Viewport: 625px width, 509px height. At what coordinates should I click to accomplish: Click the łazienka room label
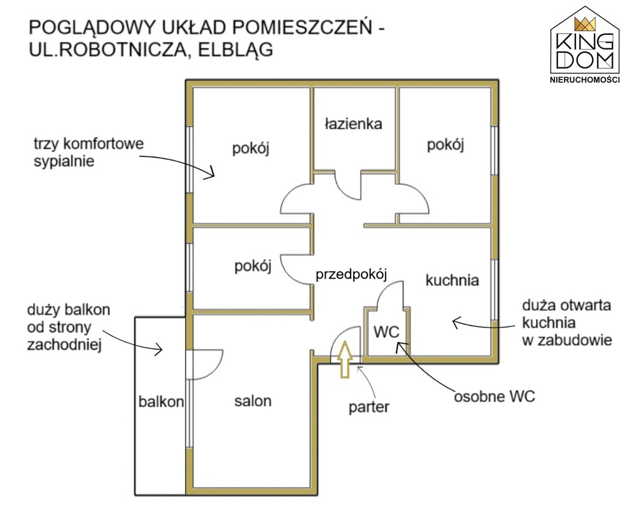[x=353, y=123]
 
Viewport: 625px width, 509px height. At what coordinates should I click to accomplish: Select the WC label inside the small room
[x=386, y=332]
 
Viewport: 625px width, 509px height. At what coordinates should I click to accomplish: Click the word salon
[x=253, y=401]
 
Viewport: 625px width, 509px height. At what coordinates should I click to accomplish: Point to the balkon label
[x=162, y=401]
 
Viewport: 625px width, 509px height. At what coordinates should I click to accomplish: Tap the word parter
[x=369, y=407]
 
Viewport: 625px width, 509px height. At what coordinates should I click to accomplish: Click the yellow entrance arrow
[x=344, y=359]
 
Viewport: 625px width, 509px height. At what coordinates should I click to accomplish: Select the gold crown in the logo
[x=584, y=24]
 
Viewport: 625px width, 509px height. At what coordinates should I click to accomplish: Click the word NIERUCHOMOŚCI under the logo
[x=584, y=80]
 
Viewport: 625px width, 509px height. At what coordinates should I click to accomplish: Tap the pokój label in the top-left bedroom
[x=251, y=149]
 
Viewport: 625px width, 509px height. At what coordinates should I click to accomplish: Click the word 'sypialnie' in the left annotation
[x=64, y=161]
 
